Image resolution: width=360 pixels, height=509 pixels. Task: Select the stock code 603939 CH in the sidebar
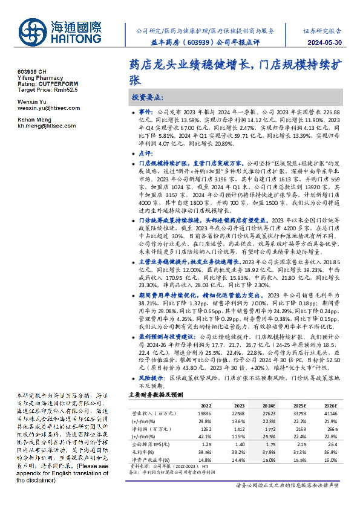31,71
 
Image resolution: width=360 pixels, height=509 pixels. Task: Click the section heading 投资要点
146,97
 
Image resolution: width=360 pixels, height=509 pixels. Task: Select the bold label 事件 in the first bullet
146,112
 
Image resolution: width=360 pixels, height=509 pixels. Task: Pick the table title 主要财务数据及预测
155,394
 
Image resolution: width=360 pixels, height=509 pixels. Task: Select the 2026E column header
329,405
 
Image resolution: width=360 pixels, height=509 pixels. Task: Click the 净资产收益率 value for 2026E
329,458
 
